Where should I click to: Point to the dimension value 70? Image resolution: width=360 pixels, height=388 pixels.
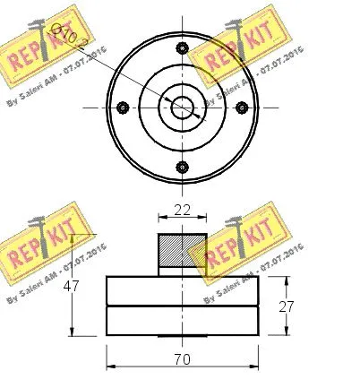tap(183, 359)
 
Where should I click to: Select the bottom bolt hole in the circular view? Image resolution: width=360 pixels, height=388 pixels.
tap(183, 167)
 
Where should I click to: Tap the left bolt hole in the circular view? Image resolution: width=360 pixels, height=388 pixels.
tap(123, 108)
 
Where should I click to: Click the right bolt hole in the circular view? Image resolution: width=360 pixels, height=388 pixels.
tap(242, 108)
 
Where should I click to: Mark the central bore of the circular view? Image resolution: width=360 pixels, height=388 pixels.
tap(183, 108)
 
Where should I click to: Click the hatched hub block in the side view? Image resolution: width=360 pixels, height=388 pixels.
tap(183, 254)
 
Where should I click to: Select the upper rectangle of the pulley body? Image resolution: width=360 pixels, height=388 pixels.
tap(183, 291)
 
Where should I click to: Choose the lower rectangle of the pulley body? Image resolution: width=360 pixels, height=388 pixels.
tap(183, 321)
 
